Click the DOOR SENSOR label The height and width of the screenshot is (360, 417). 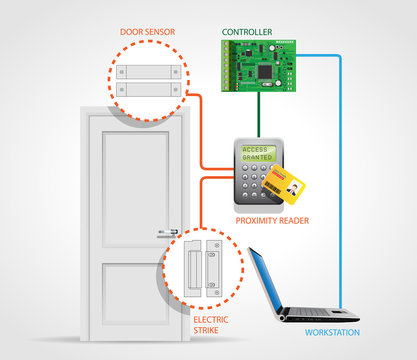click(148, 32)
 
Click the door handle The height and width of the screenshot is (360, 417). click(168, 233)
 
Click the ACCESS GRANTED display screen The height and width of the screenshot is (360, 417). click(255, 154)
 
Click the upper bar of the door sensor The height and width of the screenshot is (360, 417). click(149, 72)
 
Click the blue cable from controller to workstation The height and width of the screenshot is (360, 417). click(340, 180)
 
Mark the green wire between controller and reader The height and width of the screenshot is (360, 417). click(260, 114)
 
